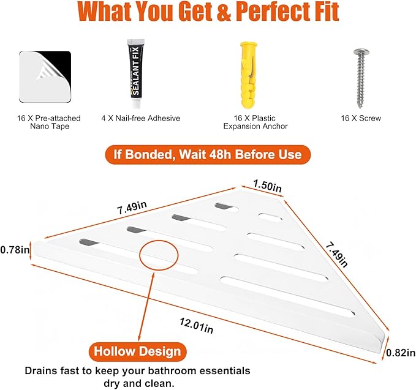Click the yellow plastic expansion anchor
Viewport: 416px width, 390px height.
[249, 75]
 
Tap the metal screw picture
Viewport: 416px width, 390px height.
[360, 78]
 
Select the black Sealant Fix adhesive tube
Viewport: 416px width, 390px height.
[136, 74]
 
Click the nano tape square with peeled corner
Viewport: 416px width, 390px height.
[45, 77]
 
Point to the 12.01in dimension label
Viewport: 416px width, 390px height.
[196, 326]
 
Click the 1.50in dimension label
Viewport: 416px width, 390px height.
[267, 186]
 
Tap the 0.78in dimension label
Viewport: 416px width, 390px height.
[15, 250]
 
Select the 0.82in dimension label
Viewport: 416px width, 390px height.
[401, 353]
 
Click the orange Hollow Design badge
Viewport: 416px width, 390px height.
[137, 351]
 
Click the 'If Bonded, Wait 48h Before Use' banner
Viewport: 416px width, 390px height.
[208, 154]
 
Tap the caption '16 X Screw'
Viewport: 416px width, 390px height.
[361, 118]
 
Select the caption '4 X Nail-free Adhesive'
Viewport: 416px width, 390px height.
[141, 118]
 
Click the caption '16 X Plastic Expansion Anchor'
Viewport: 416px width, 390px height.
[255, 122]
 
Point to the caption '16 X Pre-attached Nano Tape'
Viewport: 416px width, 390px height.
[49, 122]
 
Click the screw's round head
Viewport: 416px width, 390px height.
[360, 53]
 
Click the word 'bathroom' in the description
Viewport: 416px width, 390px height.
[167, 370]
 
